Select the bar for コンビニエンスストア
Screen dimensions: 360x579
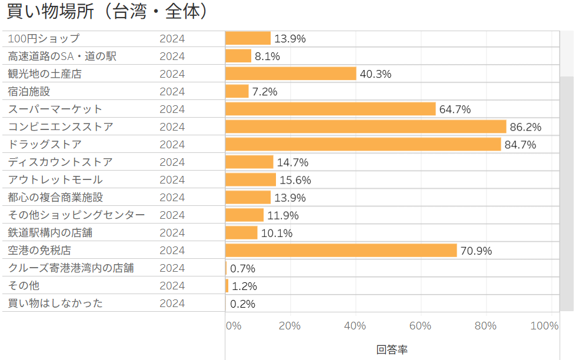(x=365, y=126)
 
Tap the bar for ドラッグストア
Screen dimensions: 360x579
(x=363, y=144)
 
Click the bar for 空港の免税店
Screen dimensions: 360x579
(x=341, y=250)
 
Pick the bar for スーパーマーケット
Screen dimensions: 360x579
(x=330, y=109)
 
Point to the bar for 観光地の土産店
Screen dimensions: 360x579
(x=291, y=74)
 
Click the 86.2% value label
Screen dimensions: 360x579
(x=525, y=127)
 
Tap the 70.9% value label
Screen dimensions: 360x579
(x=476, y=251)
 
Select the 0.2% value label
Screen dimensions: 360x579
(x=242, y=304)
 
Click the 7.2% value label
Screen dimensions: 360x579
(x=265, y=92)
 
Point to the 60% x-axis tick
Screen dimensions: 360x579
(x=421, y=326)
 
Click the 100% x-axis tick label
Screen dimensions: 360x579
(x=544, y=326)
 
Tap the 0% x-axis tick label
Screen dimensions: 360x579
(x=234, y=326)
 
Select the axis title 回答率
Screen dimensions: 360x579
(x=392, y=349)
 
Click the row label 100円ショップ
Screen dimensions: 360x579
(x=44, y=39)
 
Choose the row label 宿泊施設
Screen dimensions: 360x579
(x=29, y=91)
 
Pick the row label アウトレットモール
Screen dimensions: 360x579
(x=55, y=179)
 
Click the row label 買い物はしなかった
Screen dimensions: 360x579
(x=55, y=303)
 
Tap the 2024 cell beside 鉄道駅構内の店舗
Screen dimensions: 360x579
(x=172, y=232)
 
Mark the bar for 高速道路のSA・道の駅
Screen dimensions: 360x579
(x=238, y=56)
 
